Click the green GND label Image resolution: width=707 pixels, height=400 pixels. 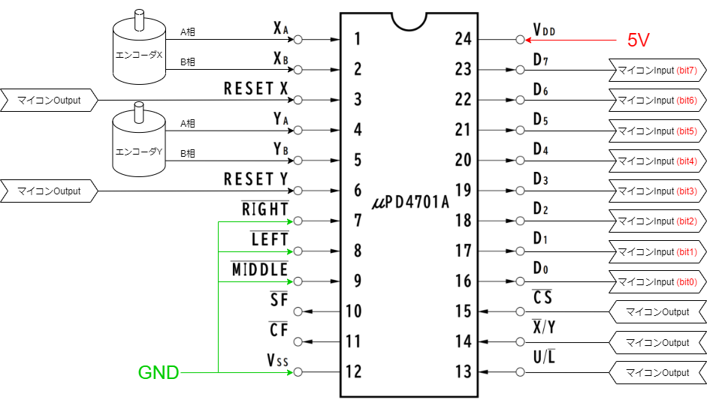point(158,372)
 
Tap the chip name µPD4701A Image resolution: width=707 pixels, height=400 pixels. point(410,203)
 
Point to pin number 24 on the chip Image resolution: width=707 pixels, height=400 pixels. point(464,39)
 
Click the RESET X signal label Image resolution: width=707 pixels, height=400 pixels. point(256,89)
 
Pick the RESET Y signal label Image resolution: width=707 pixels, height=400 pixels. point(256,180)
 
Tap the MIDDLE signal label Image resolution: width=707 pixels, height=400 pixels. point(259,269)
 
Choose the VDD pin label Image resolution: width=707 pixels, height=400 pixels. point(544,30)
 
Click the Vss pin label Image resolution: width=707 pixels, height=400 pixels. point(277,361)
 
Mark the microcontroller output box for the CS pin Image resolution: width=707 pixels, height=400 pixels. point(657,311)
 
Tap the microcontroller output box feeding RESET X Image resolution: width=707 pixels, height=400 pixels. point(50,100)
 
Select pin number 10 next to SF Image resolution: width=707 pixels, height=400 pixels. point(354,311)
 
